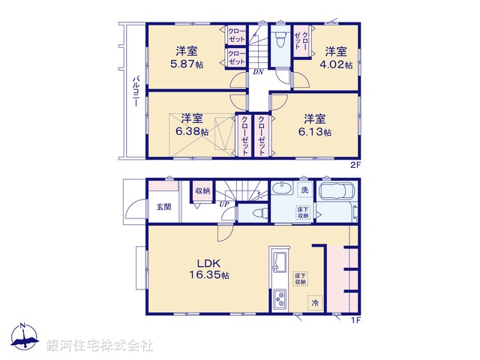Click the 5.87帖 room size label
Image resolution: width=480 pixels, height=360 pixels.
187,64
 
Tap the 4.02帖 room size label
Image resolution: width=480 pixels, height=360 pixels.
339,64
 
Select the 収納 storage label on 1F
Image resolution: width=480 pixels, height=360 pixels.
202,191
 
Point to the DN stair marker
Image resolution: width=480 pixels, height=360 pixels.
257,72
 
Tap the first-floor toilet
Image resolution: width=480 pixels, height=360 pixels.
256,213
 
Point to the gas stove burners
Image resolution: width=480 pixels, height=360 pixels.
280,298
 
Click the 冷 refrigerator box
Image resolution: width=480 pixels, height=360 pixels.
315,303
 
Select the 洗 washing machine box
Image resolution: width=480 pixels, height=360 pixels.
305,190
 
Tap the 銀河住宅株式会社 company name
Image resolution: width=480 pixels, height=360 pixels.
100,345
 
